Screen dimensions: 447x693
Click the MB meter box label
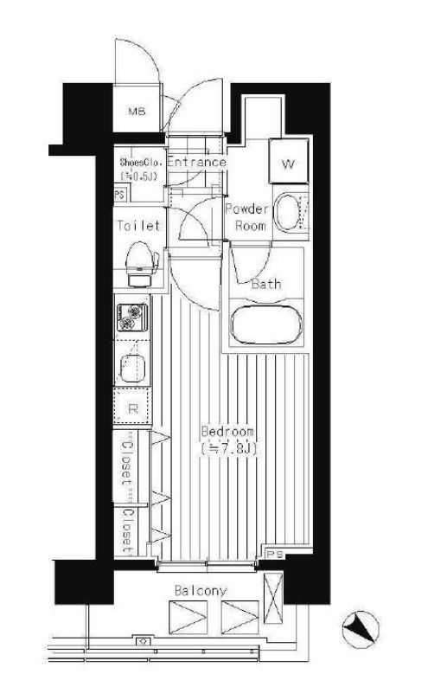(137, 112)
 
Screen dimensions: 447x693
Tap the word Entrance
(196, 162)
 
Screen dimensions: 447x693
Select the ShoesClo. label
(141, 162)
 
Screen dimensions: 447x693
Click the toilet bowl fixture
(141, 264)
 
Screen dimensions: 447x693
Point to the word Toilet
(138, 226)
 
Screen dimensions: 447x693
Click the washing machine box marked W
(289, 161)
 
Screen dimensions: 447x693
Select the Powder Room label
(247, 217)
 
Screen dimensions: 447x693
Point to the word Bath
(266, 284)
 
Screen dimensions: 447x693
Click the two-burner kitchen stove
(131, 318)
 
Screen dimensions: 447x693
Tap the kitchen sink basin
(132, 369)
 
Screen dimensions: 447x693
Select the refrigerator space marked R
(132, 407)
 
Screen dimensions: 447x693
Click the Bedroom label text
(228, 431)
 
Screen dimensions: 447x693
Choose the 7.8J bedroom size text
(229, 449)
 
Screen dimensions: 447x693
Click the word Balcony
(201, 591)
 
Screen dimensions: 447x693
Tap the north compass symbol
(361, 629)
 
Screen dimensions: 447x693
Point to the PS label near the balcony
(275, 554)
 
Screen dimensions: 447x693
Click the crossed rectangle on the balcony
(273, 598)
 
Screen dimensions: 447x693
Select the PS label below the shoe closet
(119, 195)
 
